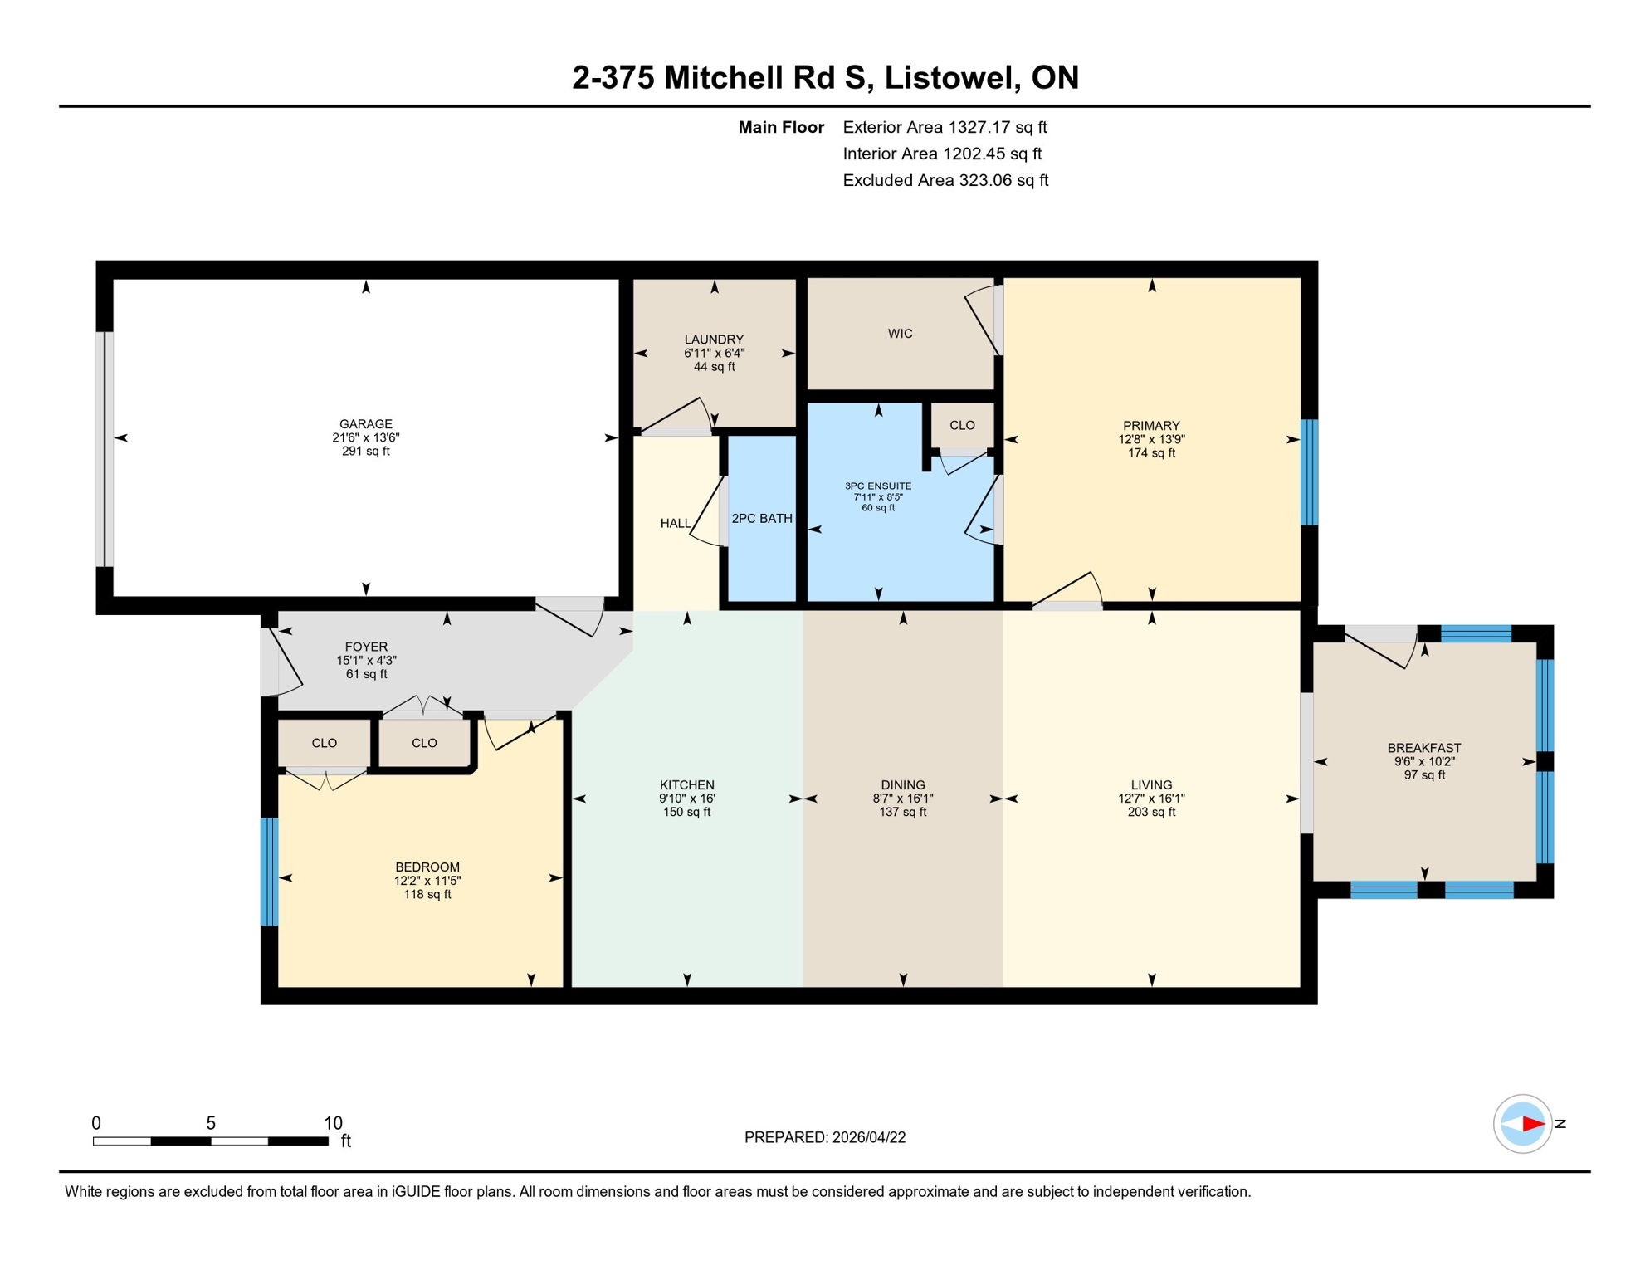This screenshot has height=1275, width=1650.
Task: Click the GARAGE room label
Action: click(x=365, y=424)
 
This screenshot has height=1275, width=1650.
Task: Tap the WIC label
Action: click(x=900, y=334)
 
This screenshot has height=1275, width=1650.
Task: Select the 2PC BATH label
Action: click(x=761, y=519)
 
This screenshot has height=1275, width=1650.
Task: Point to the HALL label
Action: click(x=675, y=524)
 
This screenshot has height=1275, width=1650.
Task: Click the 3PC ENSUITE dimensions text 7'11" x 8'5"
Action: click(x=877, y=497)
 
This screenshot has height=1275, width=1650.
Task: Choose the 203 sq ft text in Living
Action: click(x=1150, y=813)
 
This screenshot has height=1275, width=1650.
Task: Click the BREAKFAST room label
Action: click(x=1423, y=748)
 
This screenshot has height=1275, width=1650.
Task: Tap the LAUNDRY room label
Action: click(x=713, y=340)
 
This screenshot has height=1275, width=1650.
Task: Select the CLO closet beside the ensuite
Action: click(x=961, y=426)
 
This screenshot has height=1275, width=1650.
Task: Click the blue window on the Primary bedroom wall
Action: click(x=1308, y=472)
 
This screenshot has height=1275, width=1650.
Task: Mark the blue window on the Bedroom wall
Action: click(x=269, y=872)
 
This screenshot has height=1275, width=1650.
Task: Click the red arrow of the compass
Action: click(x=1532, y=1124)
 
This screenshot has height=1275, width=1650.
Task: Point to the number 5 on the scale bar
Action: click(x=211, y=1123)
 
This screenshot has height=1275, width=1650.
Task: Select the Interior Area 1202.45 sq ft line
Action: click(x=941, y=154)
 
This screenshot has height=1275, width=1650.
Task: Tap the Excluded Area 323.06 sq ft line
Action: click(x=945, y=180)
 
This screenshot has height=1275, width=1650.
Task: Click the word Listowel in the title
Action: click(x=951, y=77)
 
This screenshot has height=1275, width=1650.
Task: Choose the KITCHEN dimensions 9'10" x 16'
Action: click(x=686, y=799)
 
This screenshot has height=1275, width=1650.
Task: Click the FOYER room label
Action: click(x=366, y=647)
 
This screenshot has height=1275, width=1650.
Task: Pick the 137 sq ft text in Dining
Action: click(x=902, y=813)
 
